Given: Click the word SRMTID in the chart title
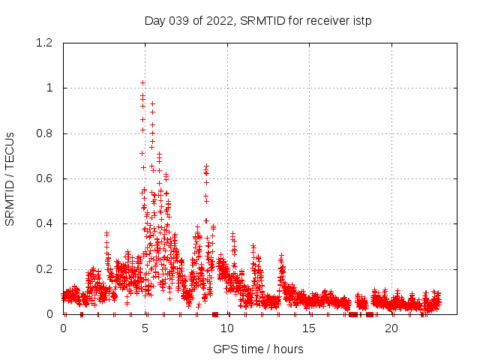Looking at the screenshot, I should pos(261,20).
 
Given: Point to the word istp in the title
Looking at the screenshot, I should pos(362,20).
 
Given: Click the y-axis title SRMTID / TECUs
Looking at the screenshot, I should pos(10,178).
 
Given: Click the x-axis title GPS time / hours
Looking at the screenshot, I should pos(258,349).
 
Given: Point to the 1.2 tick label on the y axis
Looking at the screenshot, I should pos(43,43).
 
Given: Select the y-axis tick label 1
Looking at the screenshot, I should pos(49,88).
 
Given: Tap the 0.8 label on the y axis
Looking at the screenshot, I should pos(43,133).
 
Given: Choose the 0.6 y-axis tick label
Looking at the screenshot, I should pos(43,178).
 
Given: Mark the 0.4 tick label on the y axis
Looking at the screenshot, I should pos(43,223).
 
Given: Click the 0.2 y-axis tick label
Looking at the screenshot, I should pos(43,269).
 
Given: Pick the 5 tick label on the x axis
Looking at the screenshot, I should pos(145,328).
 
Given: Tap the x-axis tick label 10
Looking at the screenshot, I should pos(227,328).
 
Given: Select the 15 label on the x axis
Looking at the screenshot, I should pos(310,328).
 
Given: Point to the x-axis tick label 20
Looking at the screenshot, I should pos(391,328).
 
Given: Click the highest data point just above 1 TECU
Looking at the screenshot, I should pos(142,82).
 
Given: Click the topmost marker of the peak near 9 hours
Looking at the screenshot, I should pos(206,166).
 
